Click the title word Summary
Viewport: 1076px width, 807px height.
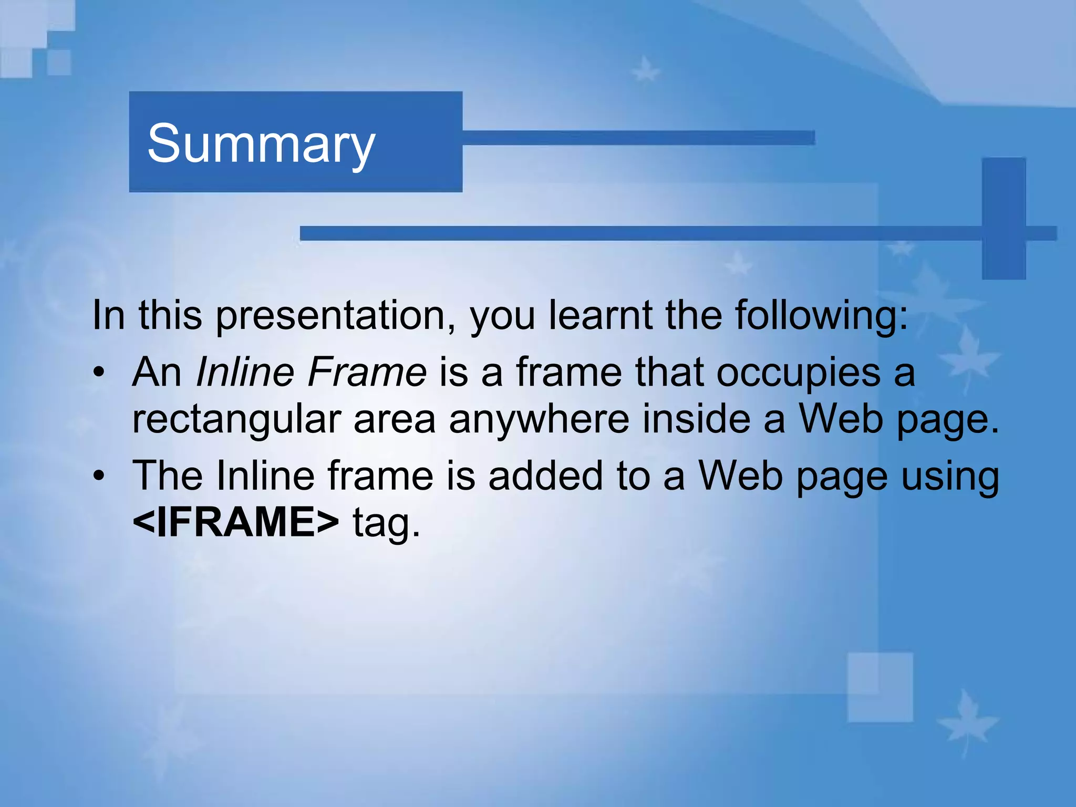[261, 143]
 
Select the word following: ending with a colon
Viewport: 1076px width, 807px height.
[821, 316]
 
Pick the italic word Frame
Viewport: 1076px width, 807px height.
[367, 372]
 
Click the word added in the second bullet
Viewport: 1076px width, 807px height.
[545, 475]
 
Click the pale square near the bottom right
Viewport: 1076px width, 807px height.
[880, 687]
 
